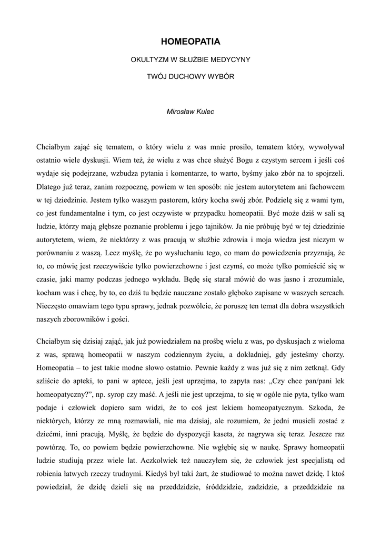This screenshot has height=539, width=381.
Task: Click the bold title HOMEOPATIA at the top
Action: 190,41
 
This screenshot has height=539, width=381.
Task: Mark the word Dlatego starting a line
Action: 49,186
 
